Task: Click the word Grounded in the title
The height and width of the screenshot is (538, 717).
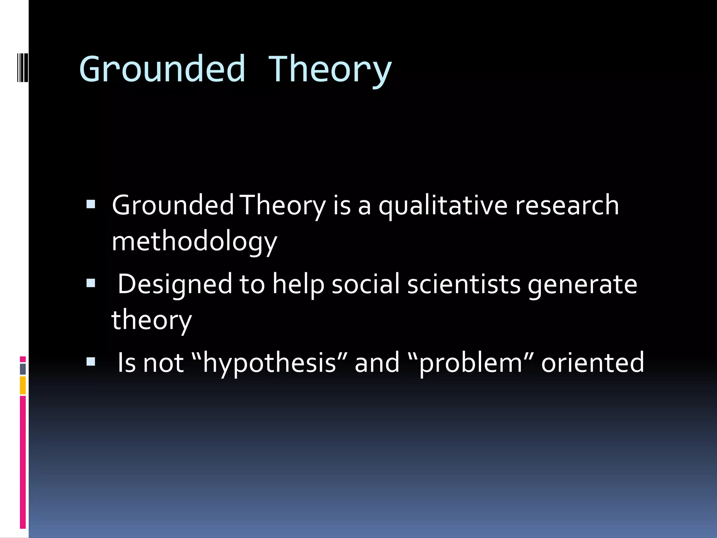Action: tap(162, 69)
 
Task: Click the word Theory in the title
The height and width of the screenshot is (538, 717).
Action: tap(329, 69)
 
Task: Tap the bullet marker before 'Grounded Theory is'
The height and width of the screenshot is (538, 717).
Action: tap(91, 204)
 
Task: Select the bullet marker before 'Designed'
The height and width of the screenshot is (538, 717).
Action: tap(91, 283)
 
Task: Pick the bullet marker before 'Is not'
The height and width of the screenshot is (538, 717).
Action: tap(91, 361)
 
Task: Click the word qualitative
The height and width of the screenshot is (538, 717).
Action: tap(443, 206)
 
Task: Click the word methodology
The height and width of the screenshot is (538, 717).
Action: tap(194, 242)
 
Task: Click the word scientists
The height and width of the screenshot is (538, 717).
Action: tap(464, 284)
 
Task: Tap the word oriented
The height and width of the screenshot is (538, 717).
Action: tap(592, 363)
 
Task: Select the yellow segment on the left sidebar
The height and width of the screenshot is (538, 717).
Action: tap(23, 385)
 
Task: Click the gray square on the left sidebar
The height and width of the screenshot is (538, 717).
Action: tap(23, 369)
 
